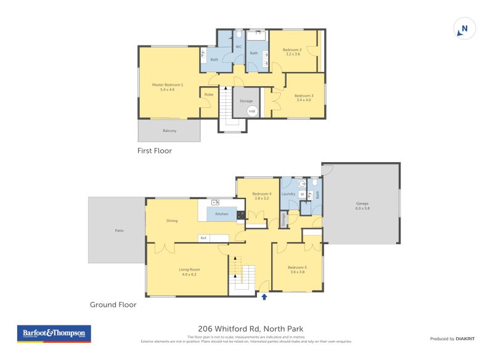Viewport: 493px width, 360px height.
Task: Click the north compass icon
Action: tap(465, 28)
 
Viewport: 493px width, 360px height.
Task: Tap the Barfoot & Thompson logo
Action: tap(54, 333)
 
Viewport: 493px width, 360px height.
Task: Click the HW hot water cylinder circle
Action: tap(252, 111)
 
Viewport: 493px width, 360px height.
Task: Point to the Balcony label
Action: tap(169, 131)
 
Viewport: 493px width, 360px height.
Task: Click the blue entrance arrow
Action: tap(264, 297)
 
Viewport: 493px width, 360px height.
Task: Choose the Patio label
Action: tap(119, 231)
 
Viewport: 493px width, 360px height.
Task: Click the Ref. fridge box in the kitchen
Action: tap(203, 238)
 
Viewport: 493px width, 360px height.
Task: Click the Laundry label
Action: tap(288, 194)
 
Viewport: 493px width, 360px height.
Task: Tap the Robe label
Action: tap(208, 94)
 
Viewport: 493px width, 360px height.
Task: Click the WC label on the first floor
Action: tap(238, 47)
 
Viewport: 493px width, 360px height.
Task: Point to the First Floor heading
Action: tap(155, 150)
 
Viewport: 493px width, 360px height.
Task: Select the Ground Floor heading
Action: tap(113, 305)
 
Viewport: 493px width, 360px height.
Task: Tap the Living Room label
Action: tap(189, 272)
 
